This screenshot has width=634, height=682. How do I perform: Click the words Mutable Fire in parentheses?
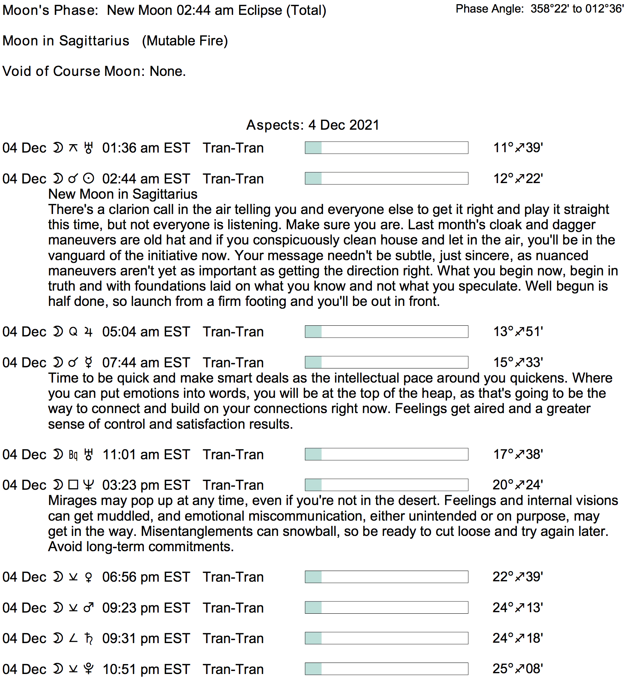[185, 41]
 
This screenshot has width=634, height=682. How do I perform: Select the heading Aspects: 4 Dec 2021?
[312, 125]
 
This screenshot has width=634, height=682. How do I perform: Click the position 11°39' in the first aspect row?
[518, 148]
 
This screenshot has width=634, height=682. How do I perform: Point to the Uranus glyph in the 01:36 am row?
[89, 148]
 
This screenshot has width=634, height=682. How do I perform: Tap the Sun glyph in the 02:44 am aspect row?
[89, 179]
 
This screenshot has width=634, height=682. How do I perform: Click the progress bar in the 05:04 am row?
[386, 332]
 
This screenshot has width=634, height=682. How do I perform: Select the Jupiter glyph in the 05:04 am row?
[89, 332]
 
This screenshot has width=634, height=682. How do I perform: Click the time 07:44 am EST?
[146, 363]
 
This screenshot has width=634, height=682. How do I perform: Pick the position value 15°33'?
[518, 362]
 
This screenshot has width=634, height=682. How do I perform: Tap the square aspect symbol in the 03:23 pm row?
[73, 485]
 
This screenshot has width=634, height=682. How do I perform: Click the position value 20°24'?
[517, 485]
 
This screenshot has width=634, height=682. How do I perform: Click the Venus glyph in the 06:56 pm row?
[89, 577]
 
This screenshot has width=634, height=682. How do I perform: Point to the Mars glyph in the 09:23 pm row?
[89, 608]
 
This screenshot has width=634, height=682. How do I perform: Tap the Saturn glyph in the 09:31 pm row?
[89, 639]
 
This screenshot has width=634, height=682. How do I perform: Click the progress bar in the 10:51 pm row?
[386, 669]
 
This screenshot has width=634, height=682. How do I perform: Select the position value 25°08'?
[517, 669]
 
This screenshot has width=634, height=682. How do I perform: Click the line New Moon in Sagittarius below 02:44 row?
[122, 194]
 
